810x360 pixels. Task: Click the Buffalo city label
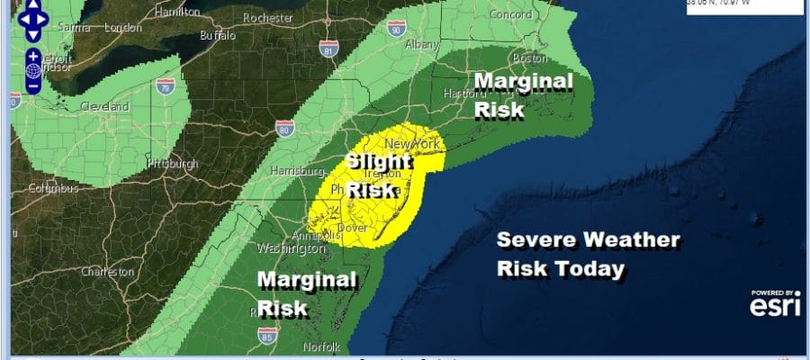click(218, 36)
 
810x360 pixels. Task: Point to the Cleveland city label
click(105, 106)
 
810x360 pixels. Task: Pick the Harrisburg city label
click(295, 170)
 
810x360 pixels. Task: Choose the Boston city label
click(528, 58)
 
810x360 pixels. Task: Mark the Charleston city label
click(108, 271)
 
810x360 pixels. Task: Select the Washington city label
click(291, 247)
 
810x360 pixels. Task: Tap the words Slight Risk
click(379, 175)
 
